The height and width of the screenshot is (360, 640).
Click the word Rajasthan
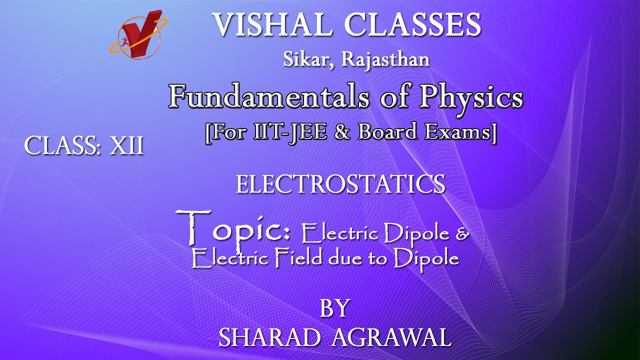[x=385, y=59]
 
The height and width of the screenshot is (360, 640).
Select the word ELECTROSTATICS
[x=340, y=184]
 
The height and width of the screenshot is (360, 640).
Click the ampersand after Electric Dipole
[x=462, y=233]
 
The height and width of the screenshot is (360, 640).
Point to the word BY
[x=334, y=308]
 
